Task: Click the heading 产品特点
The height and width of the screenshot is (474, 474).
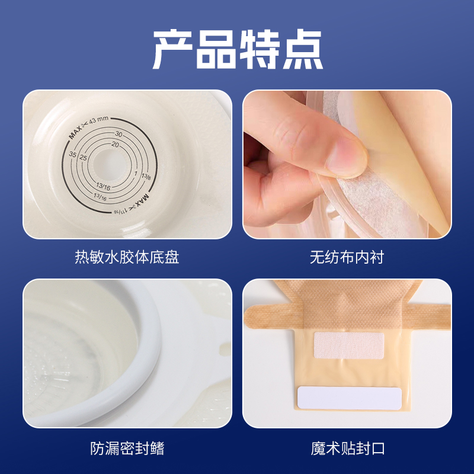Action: [238, 49]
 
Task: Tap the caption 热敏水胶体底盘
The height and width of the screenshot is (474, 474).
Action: [127, 257]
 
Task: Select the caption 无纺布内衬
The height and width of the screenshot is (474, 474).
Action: [347, 257]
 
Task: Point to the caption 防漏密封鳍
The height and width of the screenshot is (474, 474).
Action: [127, 449]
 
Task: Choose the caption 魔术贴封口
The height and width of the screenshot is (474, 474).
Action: [348, 449]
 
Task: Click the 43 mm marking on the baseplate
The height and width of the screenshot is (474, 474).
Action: [98, 120]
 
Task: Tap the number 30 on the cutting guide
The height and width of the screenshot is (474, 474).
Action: [118, 134]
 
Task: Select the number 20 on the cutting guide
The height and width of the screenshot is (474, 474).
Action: [115, 145]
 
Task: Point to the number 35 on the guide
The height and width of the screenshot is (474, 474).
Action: [72, 154]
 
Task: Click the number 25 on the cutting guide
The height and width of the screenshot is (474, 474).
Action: [83, 158]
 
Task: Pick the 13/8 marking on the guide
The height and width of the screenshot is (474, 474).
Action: [146, 176]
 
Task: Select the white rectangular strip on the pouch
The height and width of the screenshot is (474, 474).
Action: [350, 398]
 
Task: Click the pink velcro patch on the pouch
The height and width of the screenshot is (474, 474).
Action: [349, 345]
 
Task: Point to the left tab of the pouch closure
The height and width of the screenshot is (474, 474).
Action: [271, 316]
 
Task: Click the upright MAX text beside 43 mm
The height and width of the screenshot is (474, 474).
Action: [75, 132]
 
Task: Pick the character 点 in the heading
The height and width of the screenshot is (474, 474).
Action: [303, 49]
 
